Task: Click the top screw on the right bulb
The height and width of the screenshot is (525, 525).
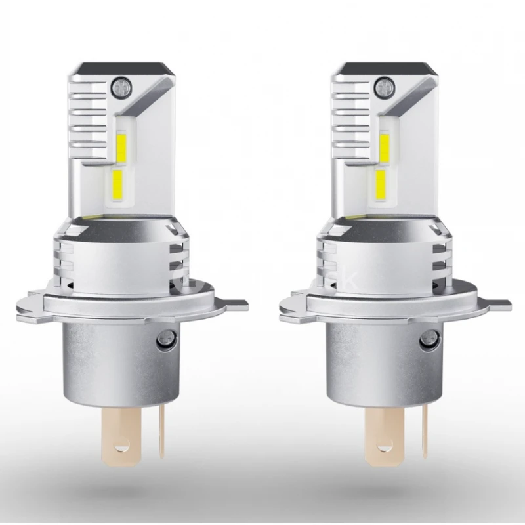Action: [385, 85]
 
